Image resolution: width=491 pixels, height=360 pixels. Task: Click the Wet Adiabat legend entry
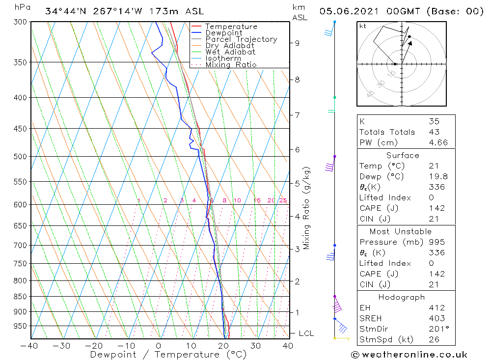tap(230, 52)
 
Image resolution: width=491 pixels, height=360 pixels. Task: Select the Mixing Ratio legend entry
tap(231, 64)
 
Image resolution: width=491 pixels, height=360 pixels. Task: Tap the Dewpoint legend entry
tap(223, 33)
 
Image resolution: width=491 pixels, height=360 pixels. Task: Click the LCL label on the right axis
tap(306, 333)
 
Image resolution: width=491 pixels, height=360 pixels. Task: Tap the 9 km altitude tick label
tap(297, 43)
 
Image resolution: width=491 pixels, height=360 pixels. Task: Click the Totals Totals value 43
tap(433, 132)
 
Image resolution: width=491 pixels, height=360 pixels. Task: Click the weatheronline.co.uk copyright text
tap(409, 355)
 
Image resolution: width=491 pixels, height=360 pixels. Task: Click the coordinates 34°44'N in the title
tap(64, 11)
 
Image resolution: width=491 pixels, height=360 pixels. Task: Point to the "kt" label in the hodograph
tap(362, 26)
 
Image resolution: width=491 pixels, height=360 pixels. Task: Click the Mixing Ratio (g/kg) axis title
tap(307, 208)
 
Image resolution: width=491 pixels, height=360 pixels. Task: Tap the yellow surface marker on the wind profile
tap(335, 338)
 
